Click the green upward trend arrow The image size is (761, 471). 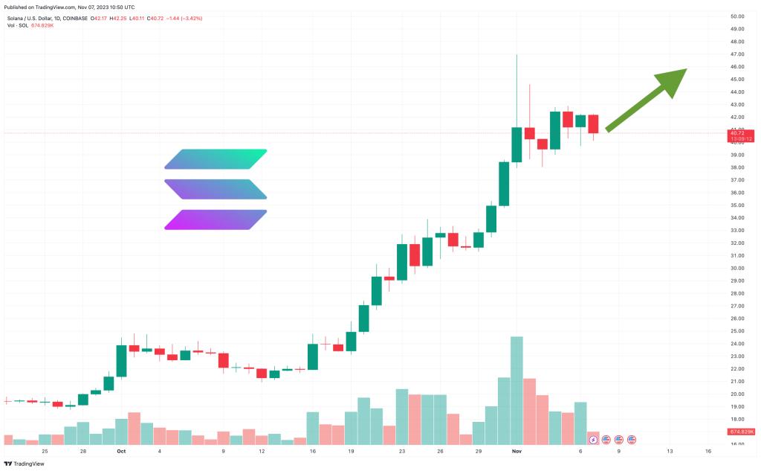pos(647,100)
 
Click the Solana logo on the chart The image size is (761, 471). pos(215,189)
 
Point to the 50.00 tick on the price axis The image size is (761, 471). pos(737,16)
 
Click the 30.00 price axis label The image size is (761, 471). pos(737,268)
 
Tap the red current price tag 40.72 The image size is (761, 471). pos(739,132)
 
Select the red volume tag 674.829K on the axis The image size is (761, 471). pos(741,432)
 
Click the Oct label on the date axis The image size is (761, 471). pos(121,451)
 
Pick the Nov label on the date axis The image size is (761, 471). pos(516,451)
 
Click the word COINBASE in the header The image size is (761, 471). pos(74,18)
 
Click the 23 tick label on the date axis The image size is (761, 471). pos(402,451)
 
